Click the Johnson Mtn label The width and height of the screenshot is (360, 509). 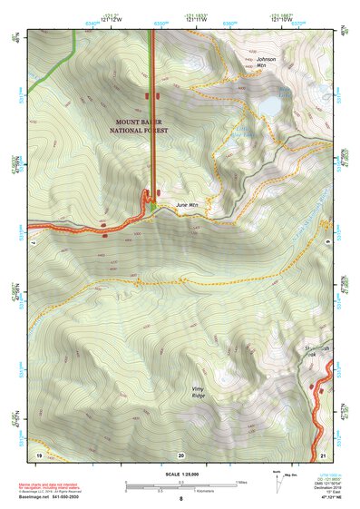point(266,63)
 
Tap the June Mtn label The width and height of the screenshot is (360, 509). point(187,205)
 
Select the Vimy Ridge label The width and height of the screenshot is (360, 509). point(199,391)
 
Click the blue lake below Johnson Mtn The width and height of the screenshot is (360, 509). point(269,106)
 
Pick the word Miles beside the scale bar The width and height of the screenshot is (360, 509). point(240,482)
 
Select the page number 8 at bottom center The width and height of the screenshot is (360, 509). point(180,499)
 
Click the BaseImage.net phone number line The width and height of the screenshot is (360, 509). point(50,497)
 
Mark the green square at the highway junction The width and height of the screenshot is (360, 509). point(153,208)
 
